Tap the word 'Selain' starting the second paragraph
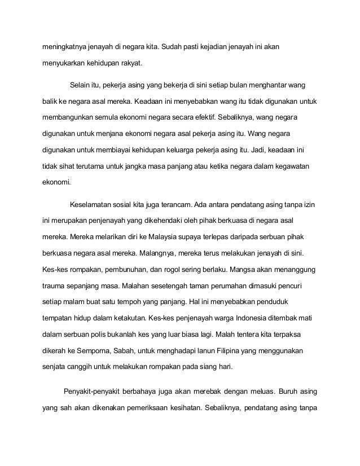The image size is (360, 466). click(81, 86)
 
